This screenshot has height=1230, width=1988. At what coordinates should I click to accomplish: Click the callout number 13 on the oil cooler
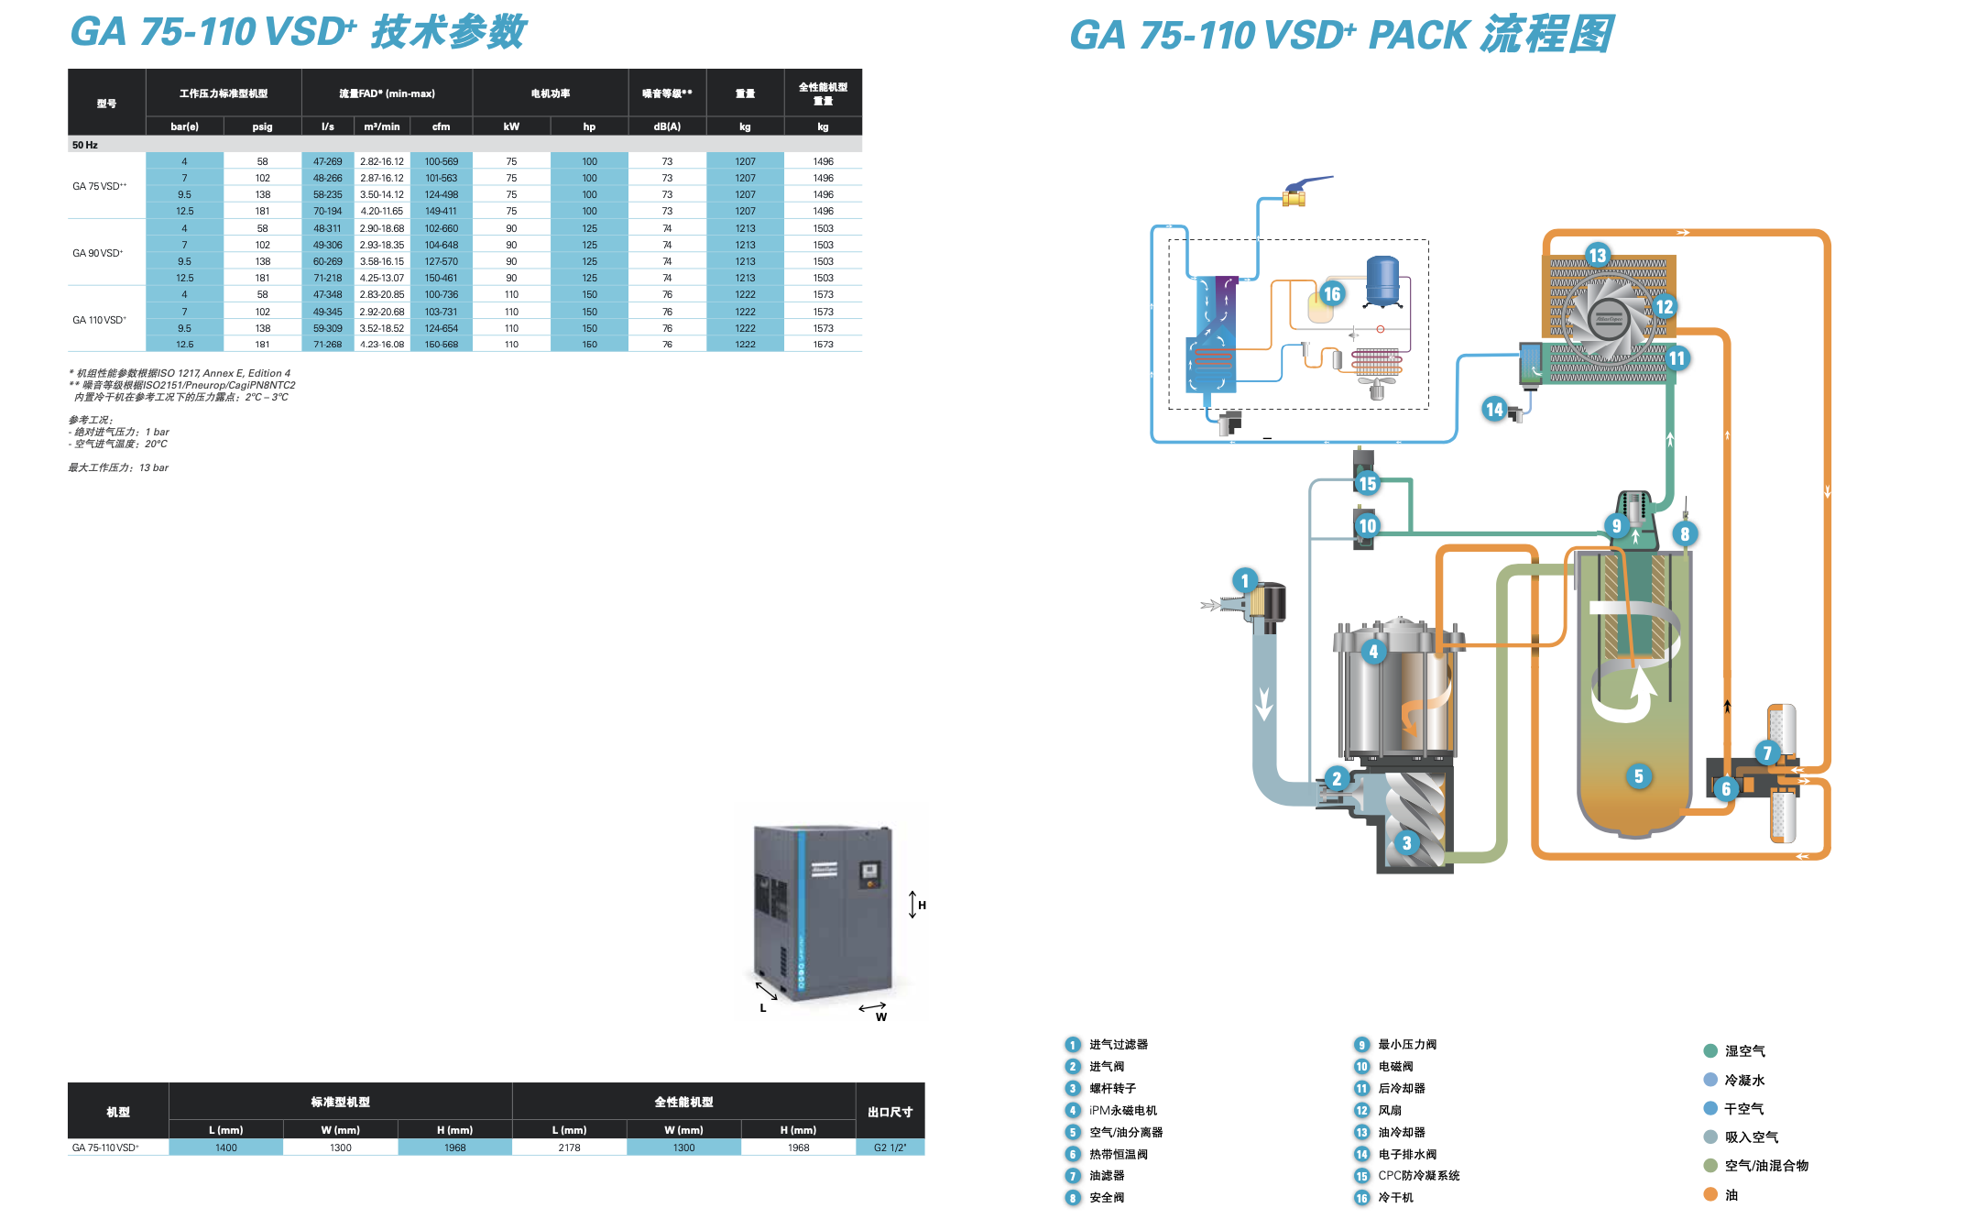1597,255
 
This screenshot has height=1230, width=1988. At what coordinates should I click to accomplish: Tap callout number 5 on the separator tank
1638,776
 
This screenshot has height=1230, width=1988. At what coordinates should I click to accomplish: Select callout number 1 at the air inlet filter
1244,580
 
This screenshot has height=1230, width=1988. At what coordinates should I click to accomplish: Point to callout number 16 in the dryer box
1331,293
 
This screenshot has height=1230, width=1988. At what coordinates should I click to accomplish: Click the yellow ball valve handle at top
1294,194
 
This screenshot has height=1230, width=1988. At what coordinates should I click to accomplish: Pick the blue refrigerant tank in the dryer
1382,280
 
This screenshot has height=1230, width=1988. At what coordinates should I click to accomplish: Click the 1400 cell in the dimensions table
225,1148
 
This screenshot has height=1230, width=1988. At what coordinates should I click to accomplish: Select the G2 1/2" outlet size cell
890,1148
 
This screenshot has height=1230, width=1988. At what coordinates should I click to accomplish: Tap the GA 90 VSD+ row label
98,253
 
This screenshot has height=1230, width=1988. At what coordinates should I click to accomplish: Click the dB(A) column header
667,126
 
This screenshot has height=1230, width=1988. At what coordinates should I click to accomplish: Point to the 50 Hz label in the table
85,145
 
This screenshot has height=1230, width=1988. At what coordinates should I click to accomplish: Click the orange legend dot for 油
1709,1194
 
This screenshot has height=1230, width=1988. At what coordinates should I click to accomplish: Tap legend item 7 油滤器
1106,1176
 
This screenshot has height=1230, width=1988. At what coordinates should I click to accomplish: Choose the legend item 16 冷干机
1395,1198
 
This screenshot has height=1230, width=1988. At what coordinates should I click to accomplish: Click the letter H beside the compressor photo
922,906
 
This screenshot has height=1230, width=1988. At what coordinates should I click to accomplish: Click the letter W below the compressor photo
880,1016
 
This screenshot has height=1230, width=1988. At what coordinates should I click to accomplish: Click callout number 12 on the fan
1664,307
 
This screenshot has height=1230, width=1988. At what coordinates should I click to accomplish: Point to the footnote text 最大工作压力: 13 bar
118,467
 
